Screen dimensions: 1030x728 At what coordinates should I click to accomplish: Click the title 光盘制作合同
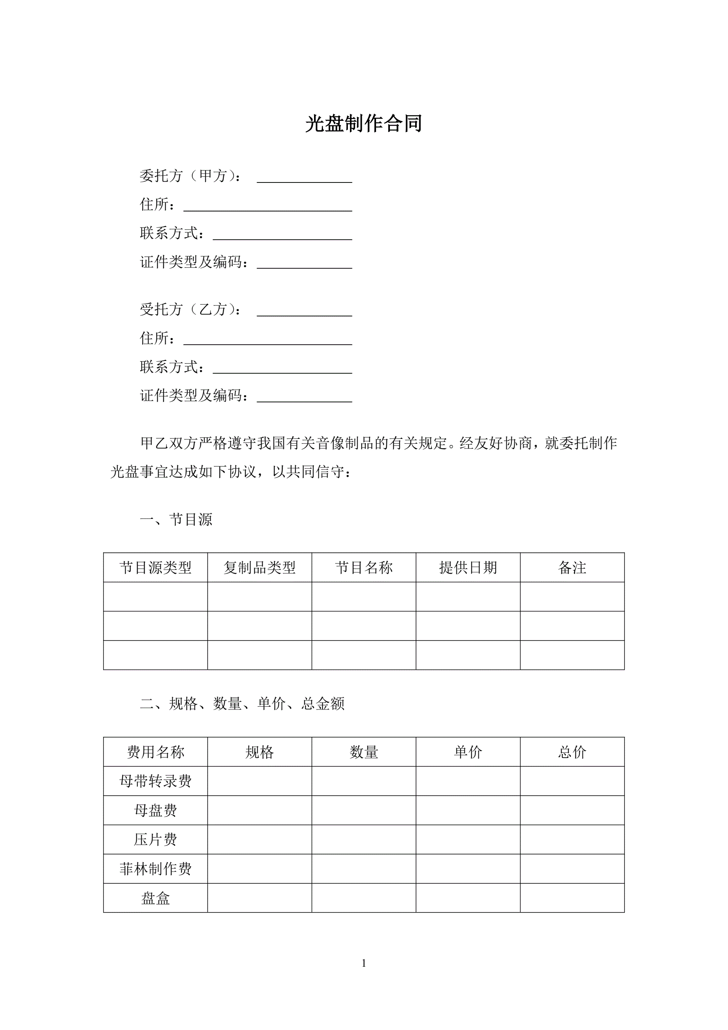[x=363, y=124]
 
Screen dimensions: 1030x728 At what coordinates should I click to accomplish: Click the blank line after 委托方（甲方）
[x=304, y=178]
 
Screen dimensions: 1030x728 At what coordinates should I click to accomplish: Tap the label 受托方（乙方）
[x=190, y=309]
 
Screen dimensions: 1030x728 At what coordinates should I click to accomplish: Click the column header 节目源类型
[x=155, y=567]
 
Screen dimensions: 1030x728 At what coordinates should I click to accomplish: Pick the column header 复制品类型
[x=259, y=567]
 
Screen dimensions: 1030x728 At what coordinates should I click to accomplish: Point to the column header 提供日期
[x=468, y=567]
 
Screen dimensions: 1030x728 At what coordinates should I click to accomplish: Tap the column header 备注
[x=572, y=567]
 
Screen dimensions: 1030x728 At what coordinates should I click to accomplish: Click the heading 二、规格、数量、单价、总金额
[x=242, y=703]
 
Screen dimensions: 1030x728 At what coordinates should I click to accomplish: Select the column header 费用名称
[x=155, y=752]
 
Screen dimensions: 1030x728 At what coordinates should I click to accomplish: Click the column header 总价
[x=572, y=752]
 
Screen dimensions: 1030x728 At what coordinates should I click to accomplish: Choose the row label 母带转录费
[x=155, y=781]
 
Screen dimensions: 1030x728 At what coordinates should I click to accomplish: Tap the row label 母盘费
[x=155, y=810]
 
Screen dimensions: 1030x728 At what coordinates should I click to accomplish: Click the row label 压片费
[x=155, y=839]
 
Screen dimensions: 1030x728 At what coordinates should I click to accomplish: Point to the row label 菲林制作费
[x=155, y=868]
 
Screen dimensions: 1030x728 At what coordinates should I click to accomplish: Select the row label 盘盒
[x=155, y=898]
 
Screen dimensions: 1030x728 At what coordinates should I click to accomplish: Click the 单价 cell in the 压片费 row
[x=468, y=839]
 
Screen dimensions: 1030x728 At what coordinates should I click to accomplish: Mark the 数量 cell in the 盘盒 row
[x=363, y=898]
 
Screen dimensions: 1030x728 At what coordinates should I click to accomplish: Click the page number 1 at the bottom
[x=363, y=963]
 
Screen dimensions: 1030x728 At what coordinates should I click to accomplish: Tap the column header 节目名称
[x=363, y=567]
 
